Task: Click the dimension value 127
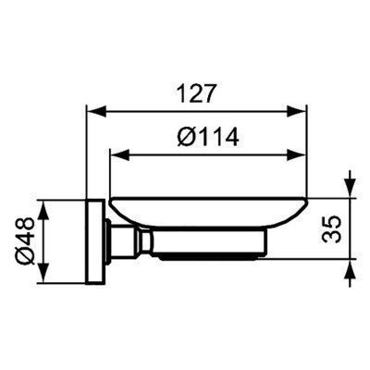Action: point(198,93)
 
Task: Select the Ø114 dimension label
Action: point(207,137)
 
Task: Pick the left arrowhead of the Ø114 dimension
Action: point(116,152)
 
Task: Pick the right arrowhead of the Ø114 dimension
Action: point(302,152)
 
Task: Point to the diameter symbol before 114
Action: point(183,137)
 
